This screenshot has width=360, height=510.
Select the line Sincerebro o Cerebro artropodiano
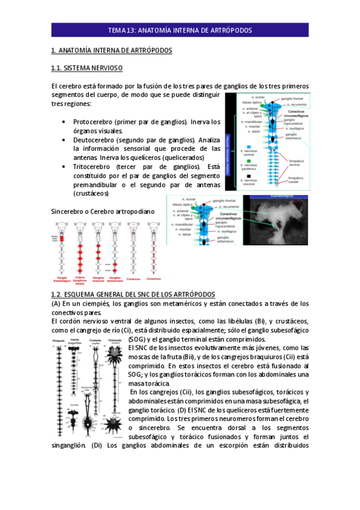pos(103,212)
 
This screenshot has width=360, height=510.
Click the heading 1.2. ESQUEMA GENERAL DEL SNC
pos(133,293)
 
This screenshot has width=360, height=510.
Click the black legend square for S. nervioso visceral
pos(248,176)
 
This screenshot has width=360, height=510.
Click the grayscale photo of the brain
pos(278,218)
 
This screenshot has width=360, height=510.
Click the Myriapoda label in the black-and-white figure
pos(58,340)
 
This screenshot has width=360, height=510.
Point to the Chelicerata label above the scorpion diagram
pos(114,340)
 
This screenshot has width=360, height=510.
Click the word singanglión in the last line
pos(70,446)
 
